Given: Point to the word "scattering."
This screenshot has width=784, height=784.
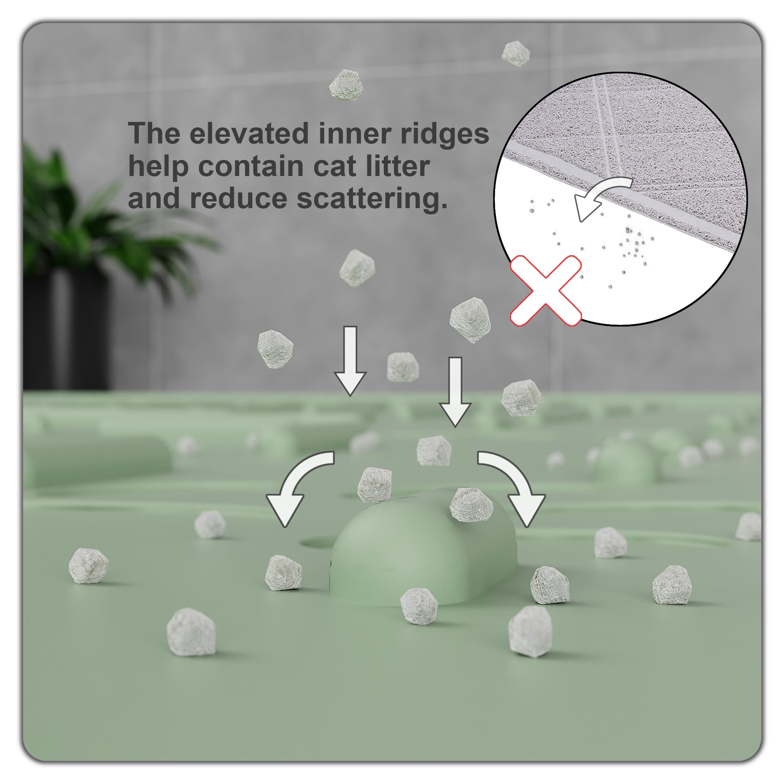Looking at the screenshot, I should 372,199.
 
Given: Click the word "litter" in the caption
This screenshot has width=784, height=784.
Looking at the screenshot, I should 399,166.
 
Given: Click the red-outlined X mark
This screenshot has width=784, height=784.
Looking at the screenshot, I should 546,290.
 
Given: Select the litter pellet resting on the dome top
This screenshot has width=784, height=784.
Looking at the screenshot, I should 472,505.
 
